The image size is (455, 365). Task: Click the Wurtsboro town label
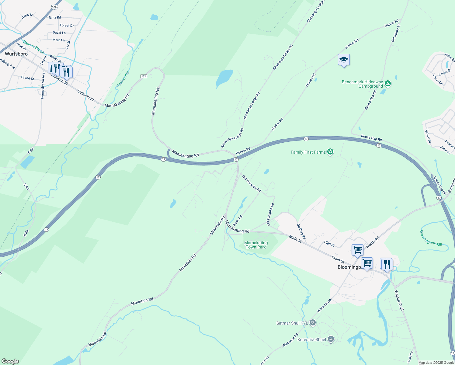pyautogui.click(x=16, y=54)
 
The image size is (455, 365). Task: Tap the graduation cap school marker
pyautogui.click(x=343, y=60)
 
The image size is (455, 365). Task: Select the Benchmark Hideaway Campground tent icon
pyautogui.click(x=387, y=83)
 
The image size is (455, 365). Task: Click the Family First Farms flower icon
pyautogui.click(x=330, y=152)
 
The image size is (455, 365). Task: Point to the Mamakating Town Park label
pyautogui.click(x=256, y=245)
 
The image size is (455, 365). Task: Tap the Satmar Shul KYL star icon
pyautogui.click(x=312, y=323)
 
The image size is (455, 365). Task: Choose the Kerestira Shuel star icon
pyautogui.click(x=331, y=339)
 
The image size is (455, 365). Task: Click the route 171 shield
pyautogui.click(x=144, y=76)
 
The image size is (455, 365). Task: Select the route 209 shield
pyautogui.click(x=54, y=7)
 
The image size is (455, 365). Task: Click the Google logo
pyautogui.click(x=10, y=361)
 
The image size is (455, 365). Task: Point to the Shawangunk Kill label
pyautogui.click(x=430, y=238)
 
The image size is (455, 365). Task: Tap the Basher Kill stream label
pyautogui.click(x=123, y=79)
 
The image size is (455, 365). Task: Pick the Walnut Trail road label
pyautogui.click(x=399, y=300)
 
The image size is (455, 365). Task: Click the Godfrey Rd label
pyautogui.click(x=301, y=231)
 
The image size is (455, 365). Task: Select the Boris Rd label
pyautogui.click(x=237, y=221)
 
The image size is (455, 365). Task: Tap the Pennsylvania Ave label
pyautogui.click(x=43, y=85)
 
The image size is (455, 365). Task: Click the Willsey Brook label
pyautogui.click(x=33, y=47)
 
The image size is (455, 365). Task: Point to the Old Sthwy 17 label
pyautogui.click(x=396, y=33)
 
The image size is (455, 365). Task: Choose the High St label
pyautogui.click(x=329, y=244)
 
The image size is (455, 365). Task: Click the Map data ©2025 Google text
pyautogui.click(x=436, y=363)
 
